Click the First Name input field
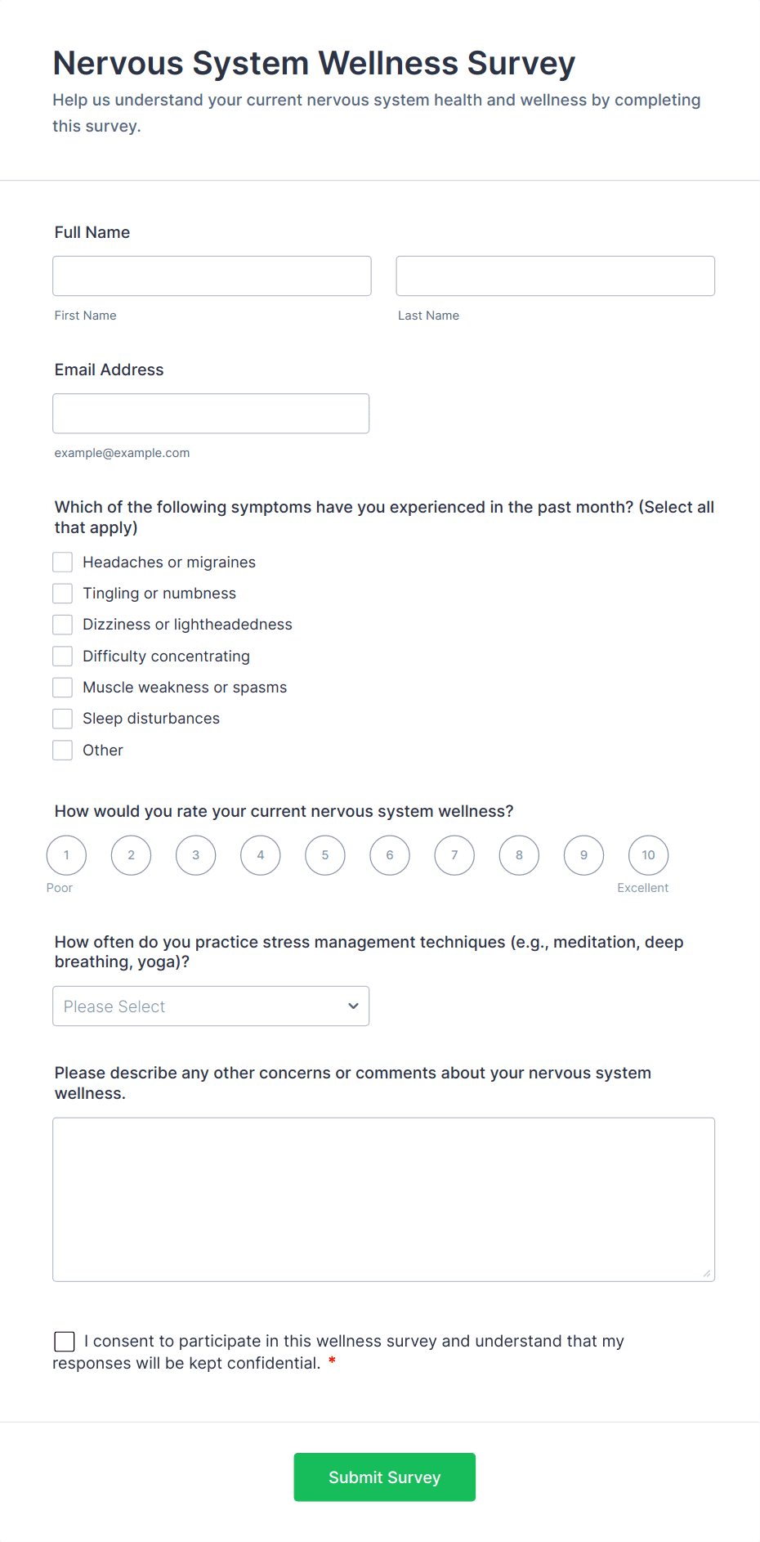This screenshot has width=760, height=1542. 212,276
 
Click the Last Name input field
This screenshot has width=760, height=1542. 555,276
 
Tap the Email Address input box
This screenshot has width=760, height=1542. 211,414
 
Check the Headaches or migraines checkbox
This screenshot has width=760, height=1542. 63,563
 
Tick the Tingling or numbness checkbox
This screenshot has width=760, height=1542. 63,594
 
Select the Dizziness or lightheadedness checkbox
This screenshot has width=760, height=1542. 63,625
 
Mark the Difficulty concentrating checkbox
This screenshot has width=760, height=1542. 63,657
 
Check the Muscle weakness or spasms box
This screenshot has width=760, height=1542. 63,688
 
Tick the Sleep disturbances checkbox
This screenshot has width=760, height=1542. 63,719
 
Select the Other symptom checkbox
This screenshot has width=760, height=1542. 63,751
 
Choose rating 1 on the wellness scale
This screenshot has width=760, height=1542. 66,855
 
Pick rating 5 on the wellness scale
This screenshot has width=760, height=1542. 325,855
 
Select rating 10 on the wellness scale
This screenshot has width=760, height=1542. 648,855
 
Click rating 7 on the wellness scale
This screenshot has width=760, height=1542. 454,855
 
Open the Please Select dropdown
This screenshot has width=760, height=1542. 211,1006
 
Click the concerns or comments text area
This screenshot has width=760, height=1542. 383,1199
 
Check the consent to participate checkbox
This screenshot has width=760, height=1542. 65,1342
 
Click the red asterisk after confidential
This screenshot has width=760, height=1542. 332,1361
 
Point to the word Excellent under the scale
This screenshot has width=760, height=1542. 642,888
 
